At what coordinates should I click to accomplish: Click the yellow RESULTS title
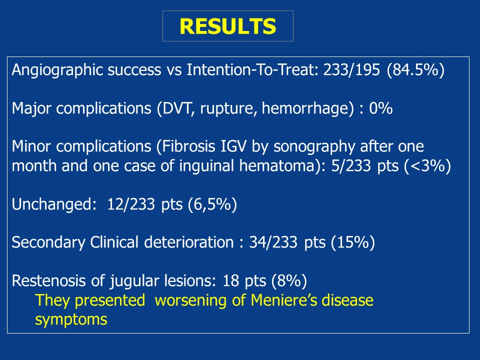[x=228, y=26]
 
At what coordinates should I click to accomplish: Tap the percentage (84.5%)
[x=415, y=70]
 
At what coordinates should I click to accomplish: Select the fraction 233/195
[x=351, y=70]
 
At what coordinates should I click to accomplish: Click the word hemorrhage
[x=305, y=108]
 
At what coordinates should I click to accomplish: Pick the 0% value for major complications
[x=381, y=108]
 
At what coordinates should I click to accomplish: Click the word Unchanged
[x=51, y=204]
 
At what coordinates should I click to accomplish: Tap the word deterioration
[x=189, y=242]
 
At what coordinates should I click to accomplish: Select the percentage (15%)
[x=353, y=242]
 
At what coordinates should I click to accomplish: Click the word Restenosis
[x=48, y=280]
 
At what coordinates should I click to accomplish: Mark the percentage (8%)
[x=289, y=280]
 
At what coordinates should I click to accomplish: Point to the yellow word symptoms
[x=71, y=320]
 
